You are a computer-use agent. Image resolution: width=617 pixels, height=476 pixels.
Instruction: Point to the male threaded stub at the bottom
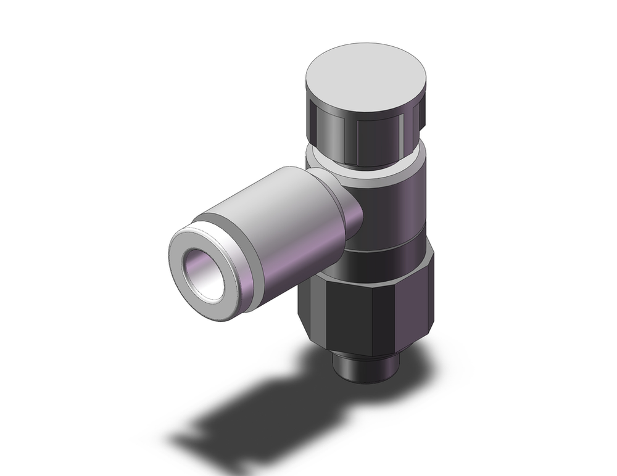[x=363, y=370]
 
